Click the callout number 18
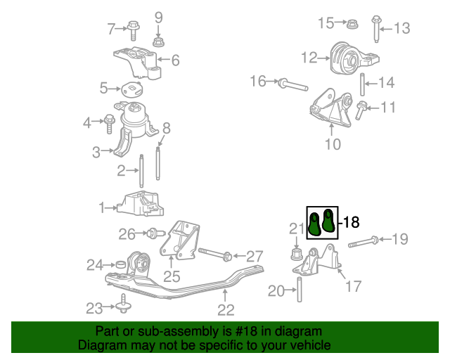tap(352, 223)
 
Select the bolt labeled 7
tap(133, 29)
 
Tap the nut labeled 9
tap(158, 41)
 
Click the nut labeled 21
tap(296, 252)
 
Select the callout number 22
tap(225, 309)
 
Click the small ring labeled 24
tap(120, 264)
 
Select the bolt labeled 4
tap(110, 123)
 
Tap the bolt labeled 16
tap(291, 85)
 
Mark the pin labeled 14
tap(362, 83)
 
